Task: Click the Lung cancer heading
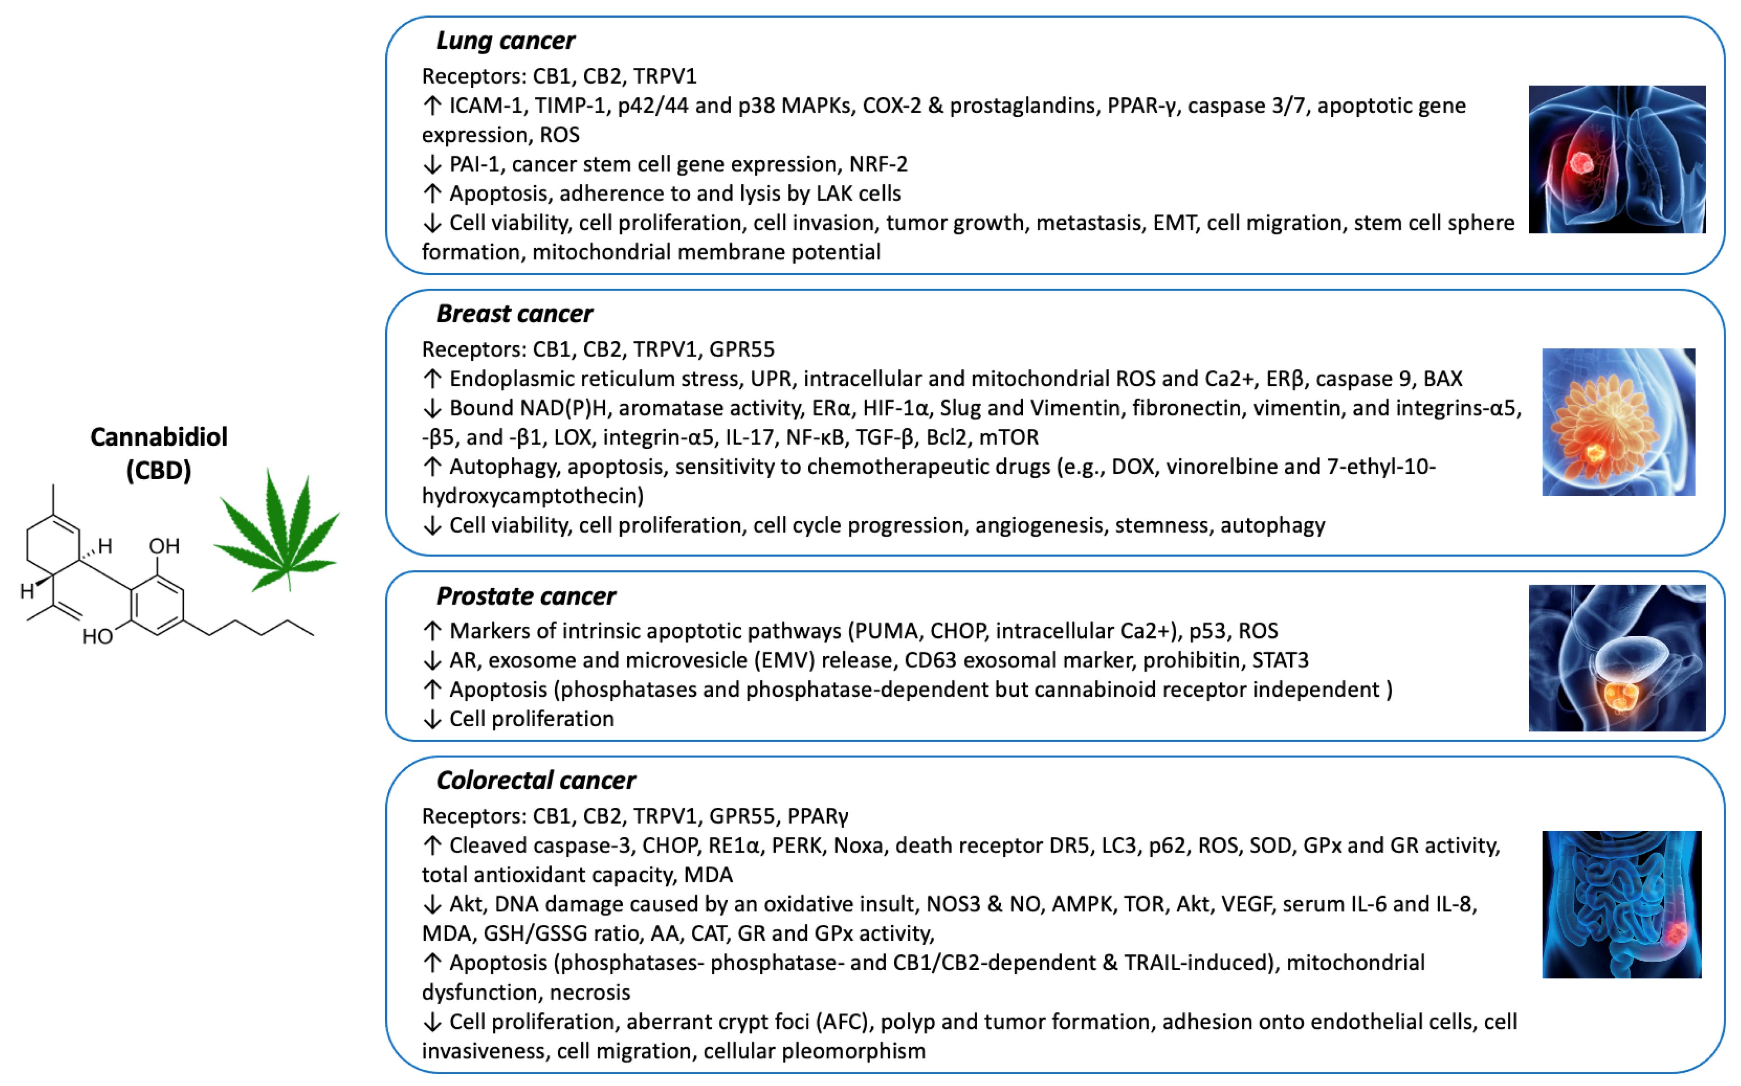(x=505, y=41)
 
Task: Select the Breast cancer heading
(x=514, y=314)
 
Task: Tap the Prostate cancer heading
(x=526, y=596)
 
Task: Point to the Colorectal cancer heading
(x=536, y=780)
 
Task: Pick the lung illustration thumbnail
(x=1617, y=159)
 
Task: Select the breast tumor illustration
(x=1618, y=422)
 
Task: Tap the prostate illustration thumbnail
(x=1617, y=658)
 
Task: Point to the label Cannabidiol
(x=159, y=437)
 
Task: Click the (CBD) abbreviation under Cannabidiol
(x=159, y=471)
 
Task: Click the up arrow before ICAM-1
(x=432, y=105)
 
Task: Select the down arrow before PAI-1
(x=432, y=164)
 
